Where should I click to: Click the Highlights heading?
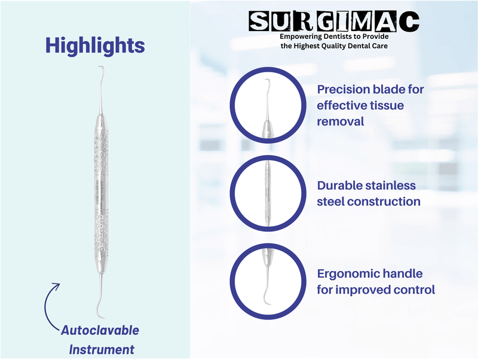[96, 47]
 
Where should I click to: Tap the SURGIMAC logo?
[334, 21]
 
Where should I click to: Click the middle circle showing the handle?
[266, 192]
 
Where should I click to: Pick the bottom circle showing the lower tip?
[266, 281]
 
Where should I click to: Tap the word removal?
[340, 121]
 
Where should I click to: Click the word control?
[413, 290]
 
